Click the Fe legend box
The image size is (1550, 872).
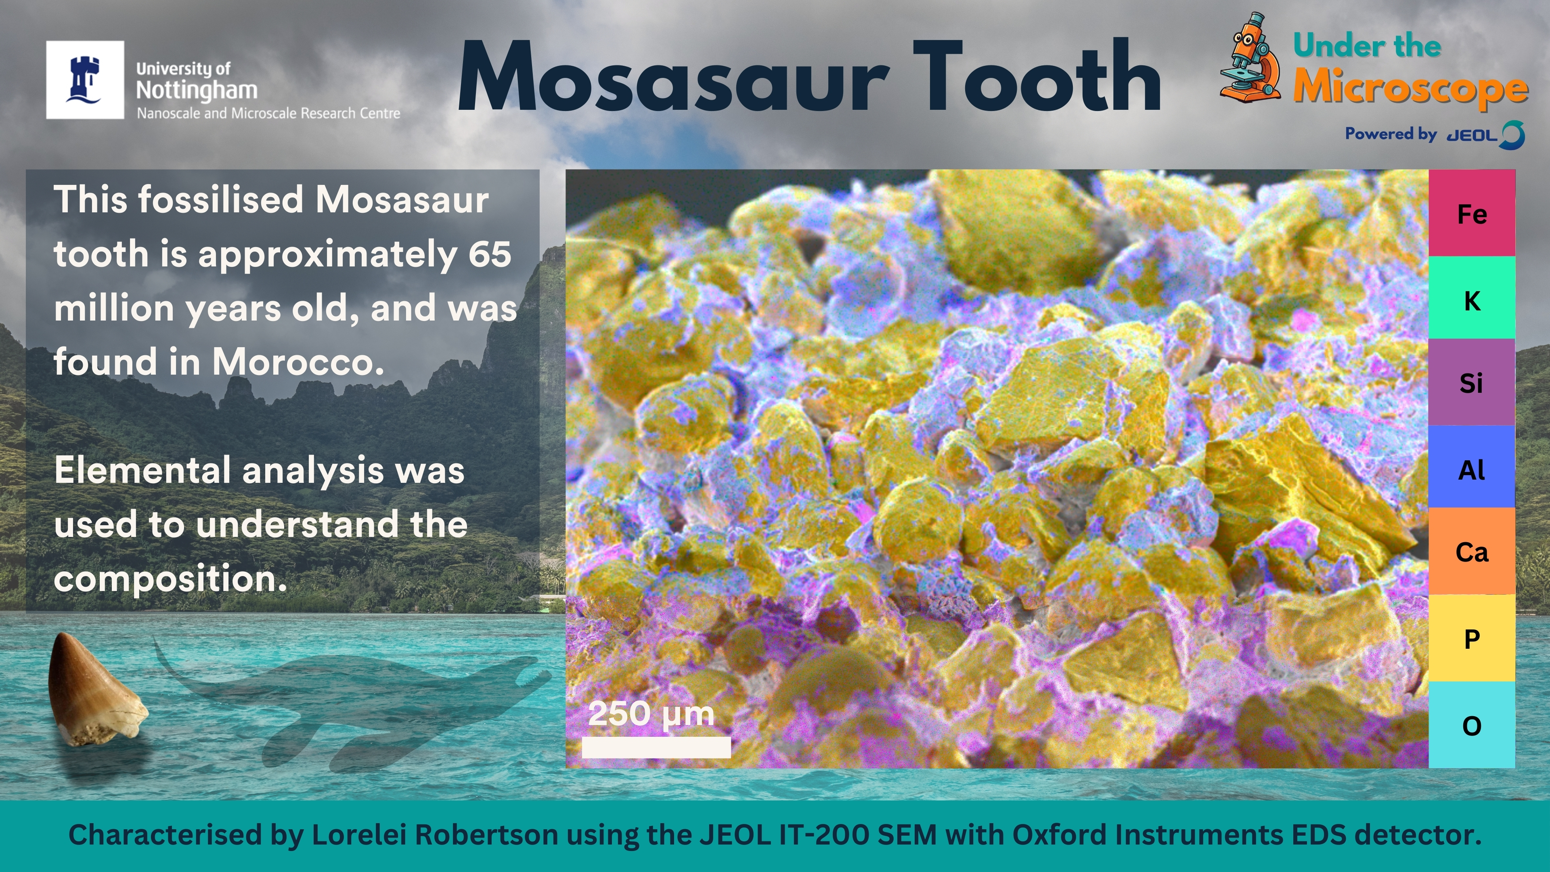tap(1472, 213)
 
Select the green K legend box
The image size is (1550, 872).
tap(1472, 298)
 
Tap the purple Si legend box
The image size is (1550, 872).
tap(1472, 382)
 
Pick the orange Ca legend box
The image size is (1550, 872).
tap(1472, 551)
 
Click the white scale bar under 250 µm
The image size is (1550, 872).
tap(656, 747)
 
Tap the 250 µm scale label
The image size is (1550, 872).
tap(651, 714)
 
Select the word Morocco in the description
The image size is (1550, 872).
tap(298, 362)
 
